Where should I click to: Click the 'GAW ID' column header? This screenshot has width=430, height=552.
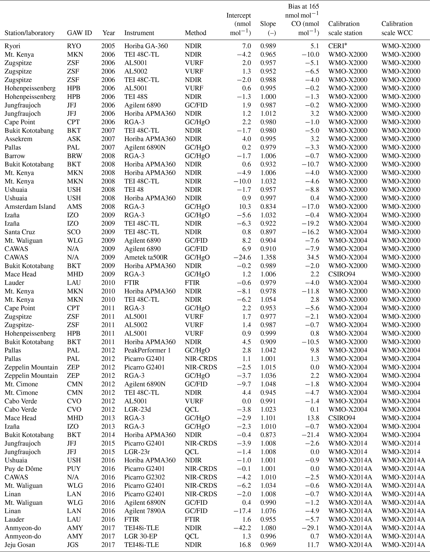pyautogui.click(x=79, y=33)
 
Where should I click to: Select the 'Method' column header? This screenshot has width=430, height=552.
pyautogui.click(x=195, y=33)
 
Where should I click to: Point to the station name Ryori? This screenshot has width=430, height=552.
pyautogui.click(x=12, y=46)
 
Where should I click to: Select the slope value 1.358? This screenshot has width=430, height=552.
pyautogui.click(x=268, y=257)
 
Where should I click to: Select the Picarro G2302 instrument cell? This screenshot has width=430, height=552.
pyautogui.click(x=144, y=477)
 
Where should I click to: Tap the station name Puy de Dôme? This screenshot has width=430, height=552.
pyautogui.click(x=23, y=469)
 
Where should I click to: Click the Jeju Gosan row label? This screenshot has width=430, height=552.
pyautogui.click(x=20, y=545)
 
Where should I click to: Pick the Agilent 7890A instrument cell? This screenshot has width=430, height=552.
pyautogui.click(x=145, y=511)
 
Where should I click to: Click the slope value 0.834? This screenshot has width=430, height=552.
pyautogui.click(x=268, y=207)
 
